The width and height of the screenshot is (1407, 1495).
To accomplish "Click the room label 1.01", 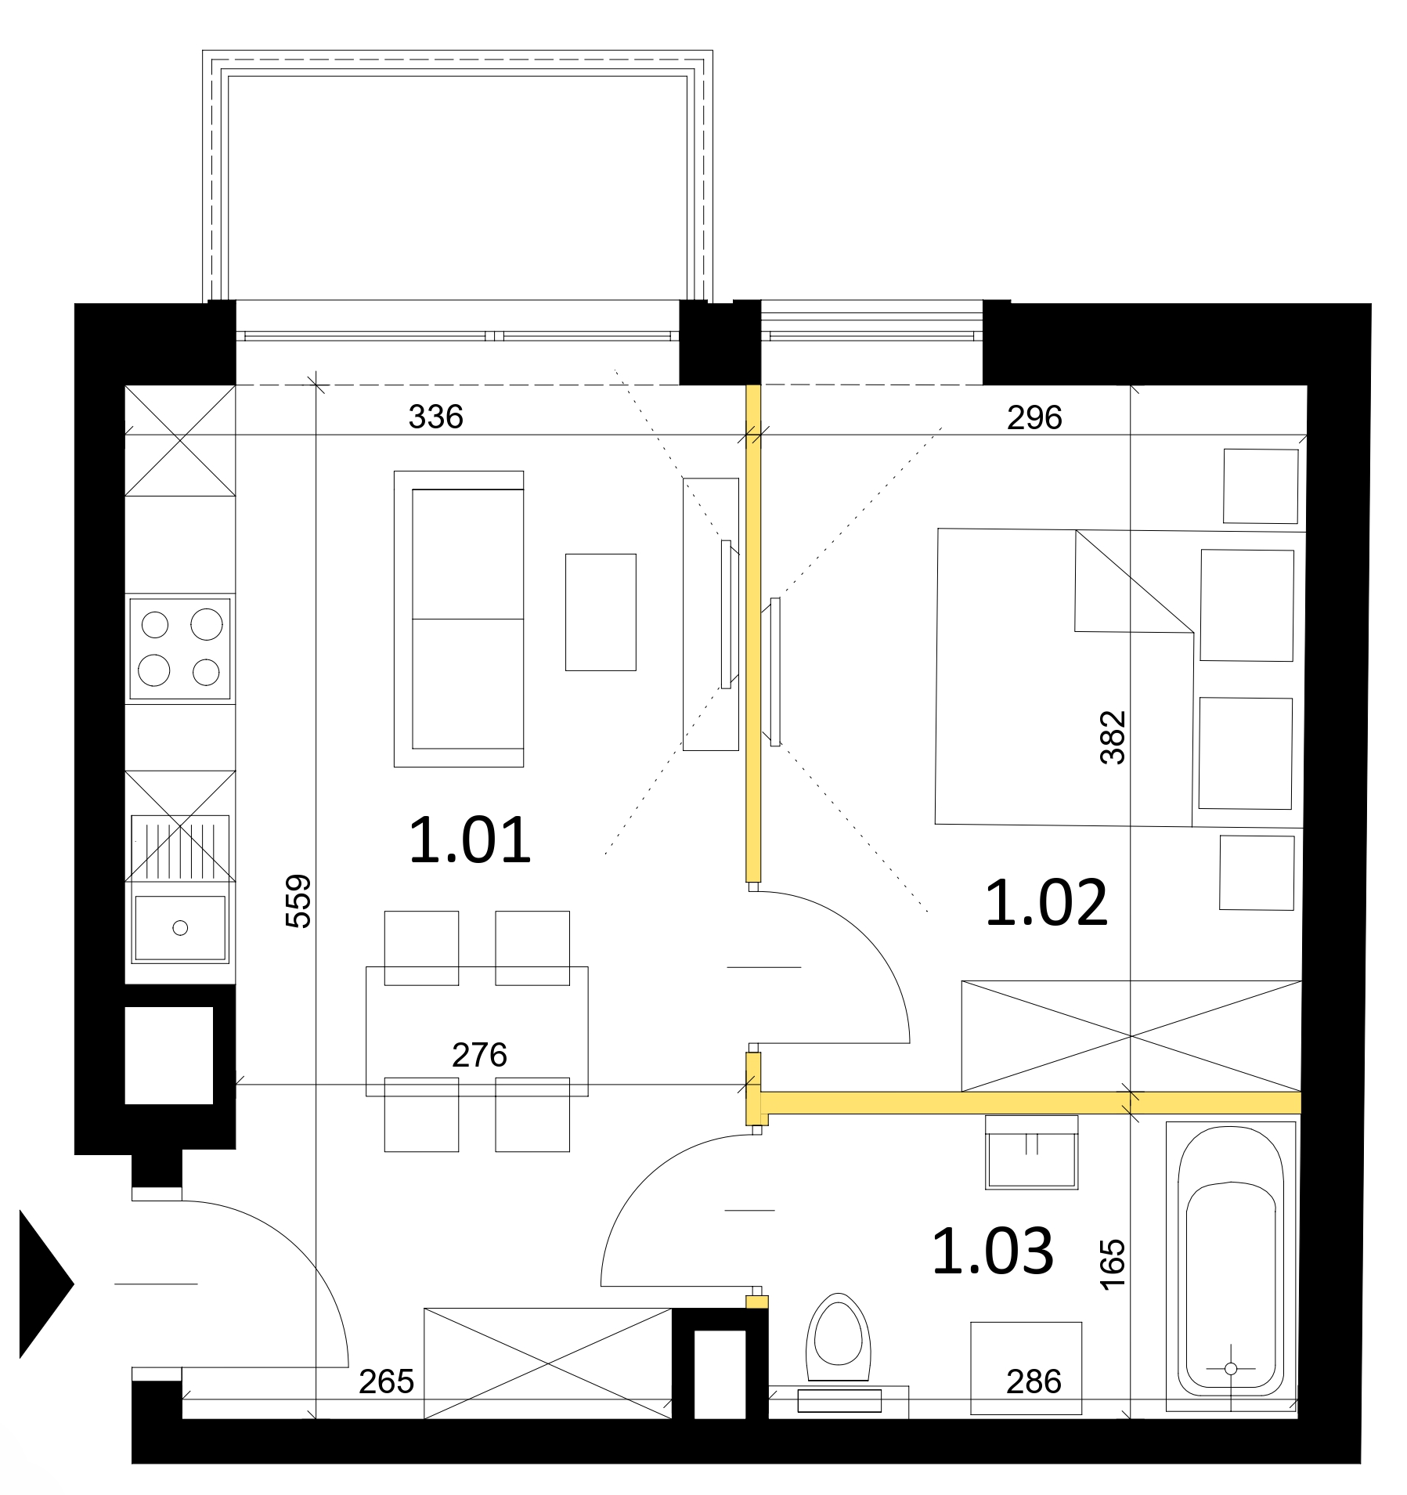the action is [470, 840].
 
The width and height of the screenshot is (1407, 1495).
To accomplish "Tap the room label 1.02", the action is [1046, 903].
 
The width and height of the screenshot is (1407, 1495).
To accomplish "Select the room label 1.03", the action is [993, 1251].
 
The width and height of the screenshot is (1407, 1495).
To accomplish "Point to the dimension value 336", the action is [436, 417].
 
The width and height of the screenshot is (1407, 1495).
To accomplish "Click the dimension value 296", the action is [1034, 417].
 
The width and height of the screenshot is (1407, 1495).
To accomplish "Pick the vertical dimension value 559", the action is [298, 901].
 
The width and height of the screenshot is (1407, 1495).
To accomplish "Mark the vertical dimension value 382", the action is [1113, 737].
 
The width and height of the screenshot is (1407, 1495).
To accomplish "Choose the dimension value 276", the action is [479, 1055].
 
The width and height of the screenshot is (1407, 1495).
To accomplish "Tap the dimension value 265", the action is [386, 1382].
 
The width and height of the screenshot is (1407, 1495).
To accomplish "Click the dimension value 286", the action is [1034, 1382].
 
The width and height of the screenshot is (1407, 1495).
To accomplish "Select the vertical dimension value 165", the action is [1113, 1264].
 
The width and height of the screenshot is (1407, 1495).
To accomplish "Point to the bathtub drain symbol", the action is [1230, 1369].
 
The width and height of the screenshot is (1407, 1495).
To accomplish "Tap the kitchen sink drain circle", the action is [180, 928].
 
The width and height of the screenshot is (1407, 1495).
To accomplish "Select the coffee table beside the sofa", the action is [601, 612].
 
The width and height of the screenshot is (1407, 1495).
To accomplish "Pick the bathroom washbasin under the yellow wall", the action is [1031, 1152].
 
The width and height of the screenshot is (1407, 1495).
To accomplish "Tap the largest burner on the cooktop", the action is [207, 624].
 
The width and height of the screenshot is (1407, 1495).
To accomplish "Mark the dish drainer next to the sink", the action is [180, 848].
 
